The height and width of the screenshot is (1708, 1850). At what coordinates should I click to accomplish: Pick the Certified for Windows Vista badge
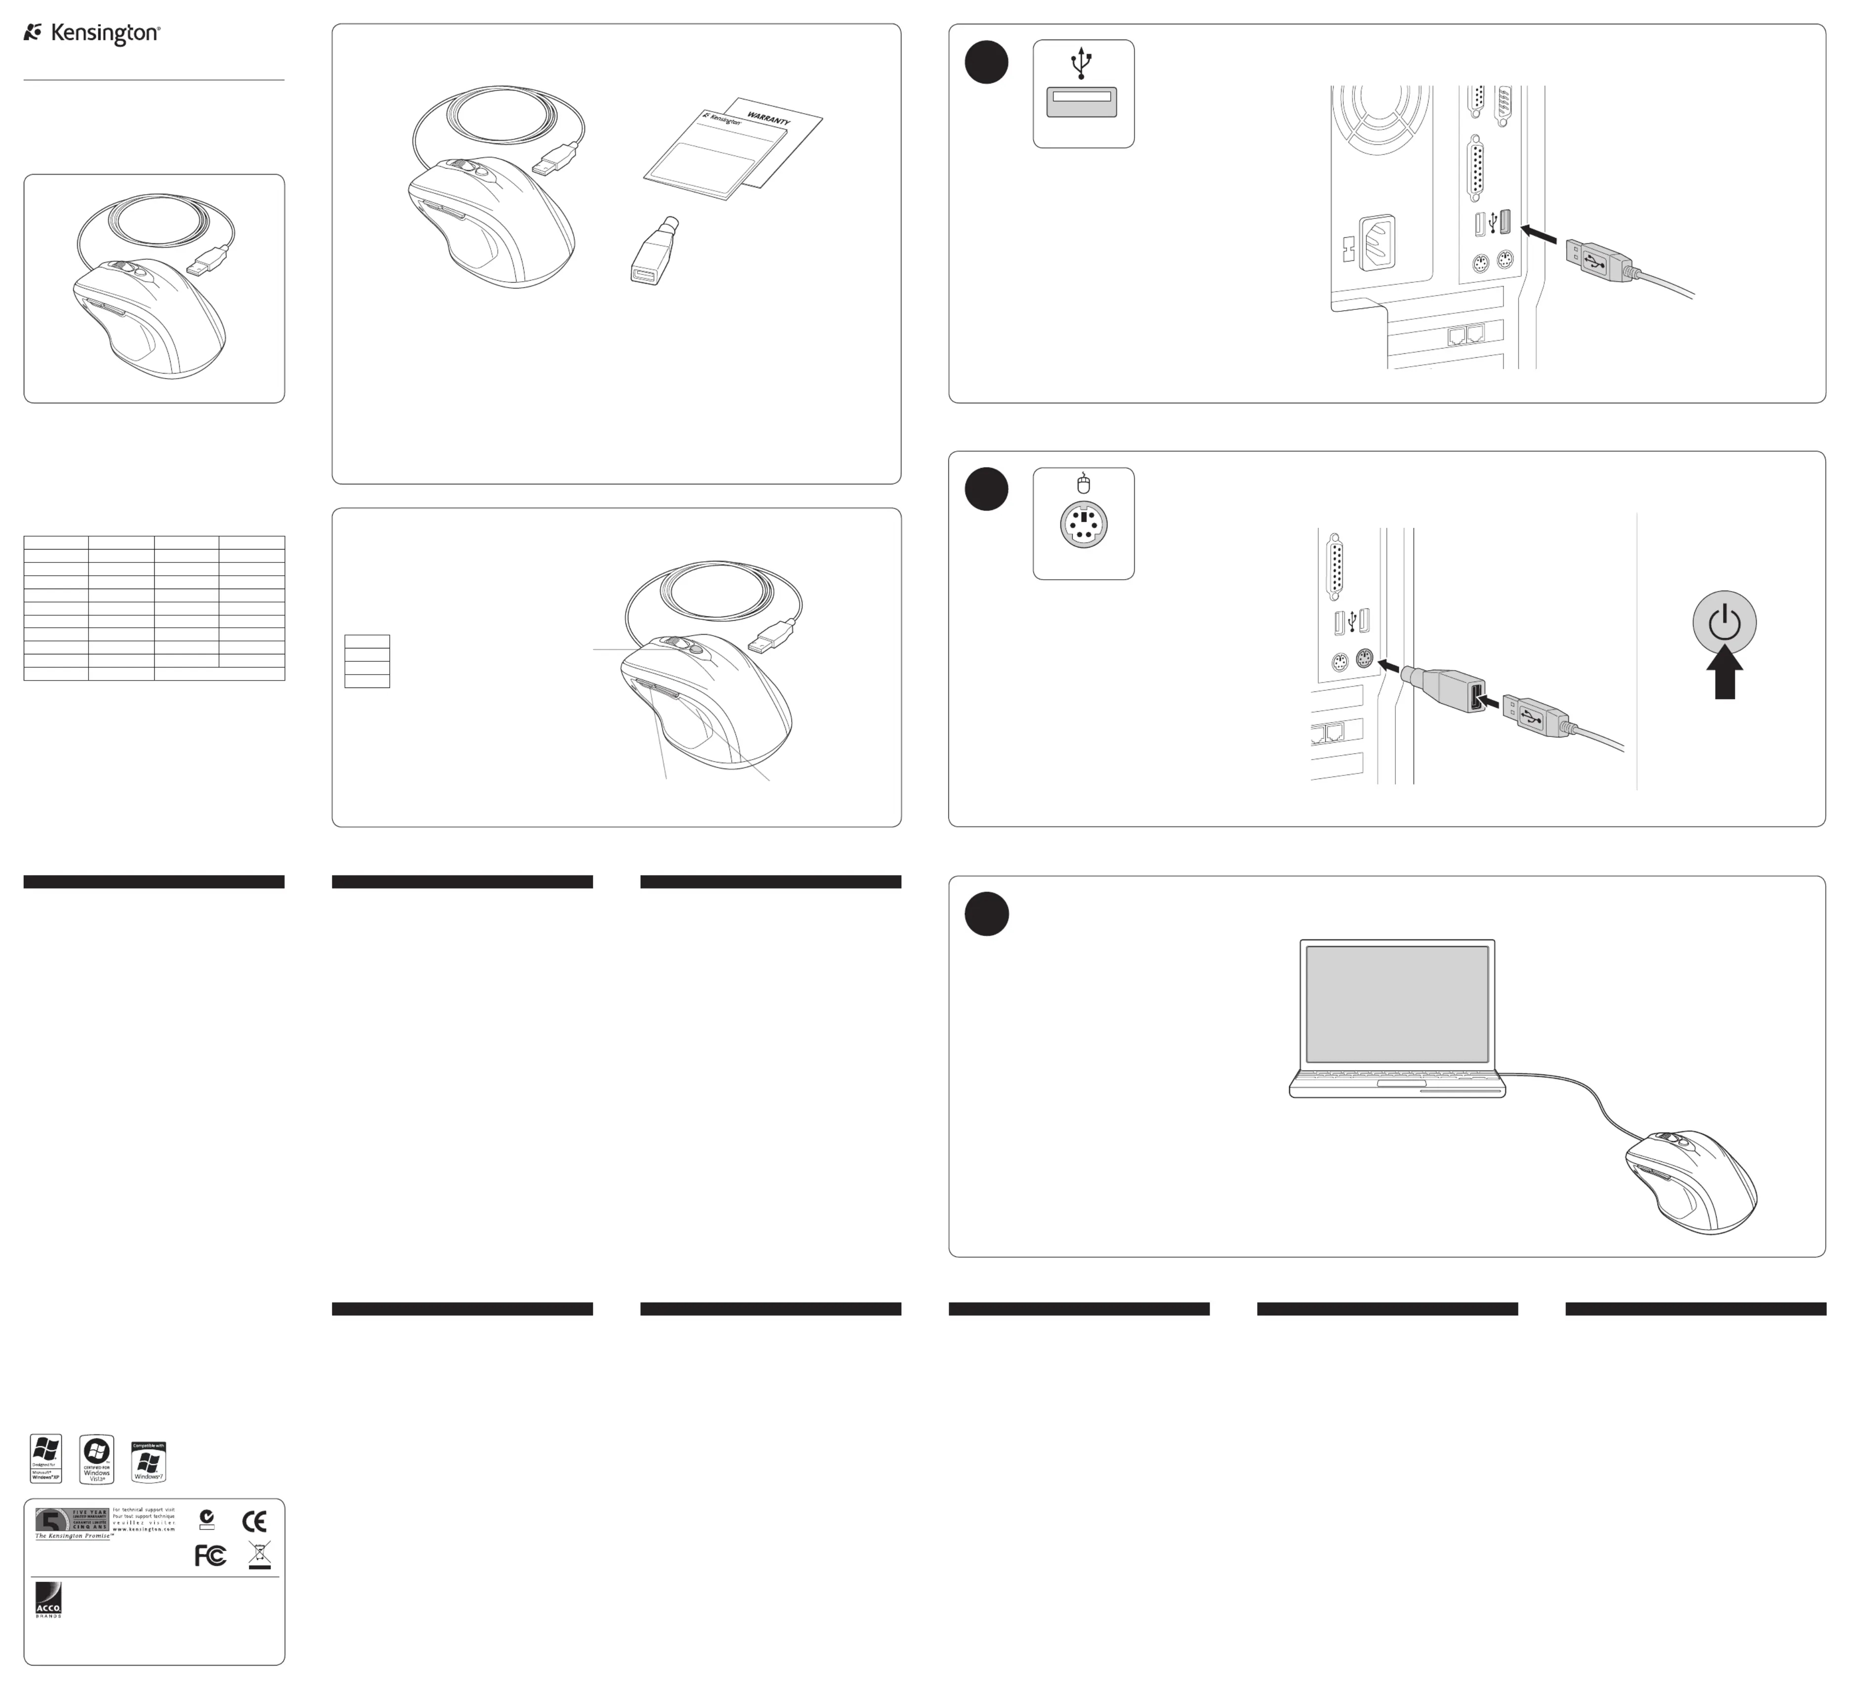pos(97,1459)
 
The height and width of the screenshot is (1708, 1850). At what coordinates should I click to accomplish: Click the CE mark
pos(254,1521)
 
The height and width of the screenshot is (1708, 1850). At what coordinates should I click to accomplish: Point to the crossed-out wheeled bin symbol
pos(260,1555)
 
